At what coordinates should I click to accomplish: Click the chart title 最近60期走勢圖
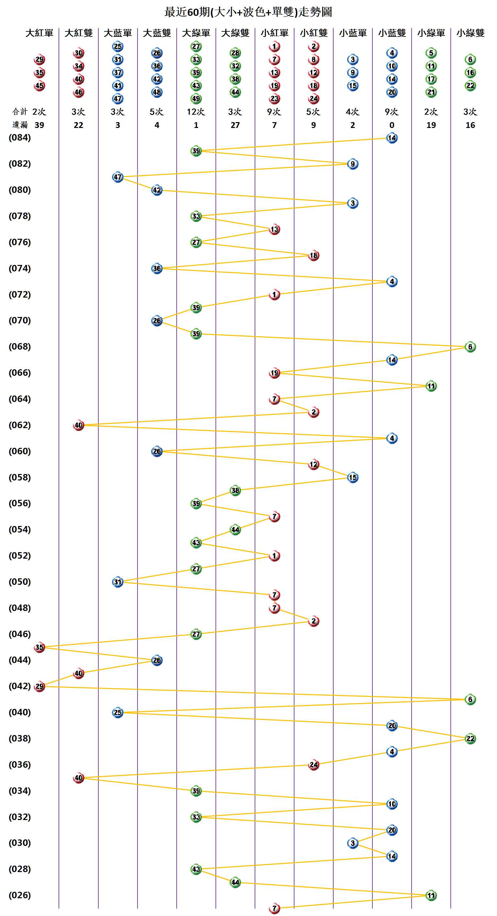[248, 12]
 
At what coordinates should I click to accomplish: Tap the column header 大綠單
[196, 33]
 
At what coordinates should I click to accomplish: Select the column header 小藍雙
[392, 33]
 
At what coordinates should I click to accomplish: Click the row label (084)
[20, 138]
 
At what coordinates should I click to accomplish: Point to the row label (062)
[20, 425]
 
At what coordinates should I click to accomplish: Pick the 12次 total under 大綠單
[196, 112]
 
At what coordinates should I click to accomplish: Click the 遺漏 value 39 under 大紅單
[39, 125]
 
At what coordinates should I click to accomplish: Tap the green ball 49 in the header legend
[196, 99]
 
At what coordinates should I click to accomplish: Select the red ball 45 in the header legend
[39, 86]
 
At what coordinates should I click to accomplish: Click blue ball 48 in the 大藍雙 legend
[157, 92]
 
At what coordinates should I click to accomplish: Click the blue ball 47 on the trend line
[118, 177]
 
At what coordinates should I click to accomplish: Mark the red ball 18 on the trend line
[314, 255]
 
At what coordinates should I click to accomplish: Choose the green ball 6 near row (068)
[470, 347]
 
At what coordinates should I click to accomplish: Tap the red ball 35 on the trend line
[39, 647]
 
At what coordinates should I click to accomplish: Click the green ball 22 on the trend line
[470, 739]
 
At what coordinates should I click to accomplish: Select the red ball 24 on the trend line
[314, 764]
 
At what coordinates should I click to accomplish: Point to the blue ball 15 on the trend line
[353, 477]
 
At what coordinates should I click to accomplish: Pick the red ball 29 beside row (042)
[39, 686]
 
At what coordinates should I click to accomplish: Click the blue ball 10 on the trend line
[392, 804]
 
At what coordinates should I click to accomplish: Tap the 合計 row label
[20, 112]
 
